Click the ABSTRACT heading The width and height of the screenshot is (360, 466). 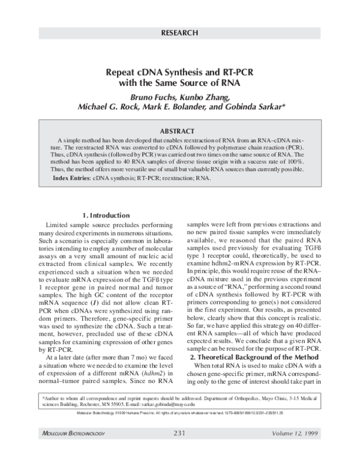coord(179,131)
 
